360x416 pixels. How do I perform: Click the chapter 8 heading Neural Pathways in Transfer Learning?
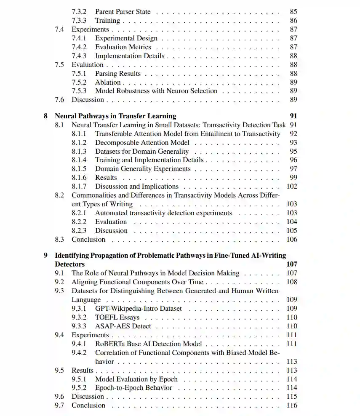(115, 116)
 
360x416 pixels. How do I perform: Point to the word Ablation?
(108, 82)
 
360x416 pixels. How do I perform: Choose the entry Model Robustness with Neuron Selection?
(156, 91)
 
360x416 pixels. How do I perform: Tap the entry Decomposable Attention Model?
(142, 142)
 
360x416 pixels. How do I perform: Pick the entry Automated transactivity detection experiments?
(163, 213)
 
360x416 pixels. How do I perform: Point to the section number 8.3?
(59, 240)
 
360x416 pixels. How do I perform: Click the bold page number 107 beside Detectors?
(292, 264)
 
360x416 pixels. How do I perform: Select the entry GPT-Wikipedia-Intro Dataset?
(139, 309)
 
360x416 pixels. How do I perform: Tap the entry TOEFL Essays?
(117, 317)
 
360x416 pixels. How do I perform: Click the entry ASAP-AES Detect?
(123, 326)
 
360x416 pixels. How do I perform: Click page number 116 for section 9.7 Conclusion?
(292, 405)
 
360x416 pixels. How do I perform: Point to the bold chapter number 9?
(45, 256)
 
